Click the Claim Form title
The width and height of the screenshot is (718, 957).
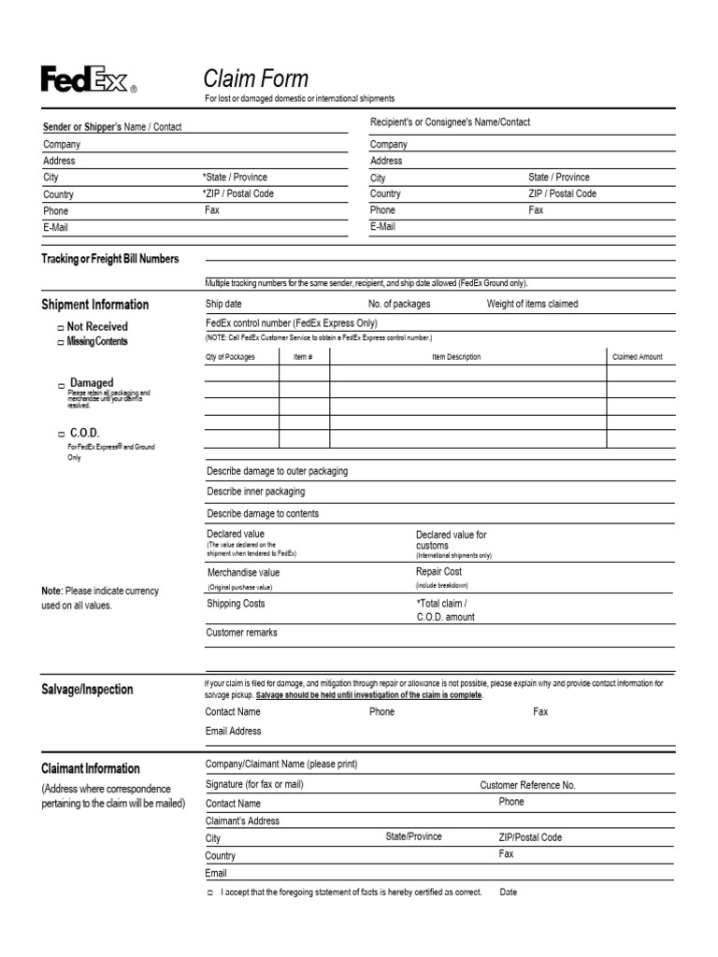(x=255, y=79)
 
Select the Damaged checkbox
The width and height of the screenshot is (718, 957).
(x=61, y=385)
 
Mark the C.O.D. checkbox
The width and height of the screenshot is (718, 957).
(x=61, y=435)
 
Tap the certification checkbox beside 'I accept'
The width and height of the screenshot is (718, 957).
(x=210, y=893)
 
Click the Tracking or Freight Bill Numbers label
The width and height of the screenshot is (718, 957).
(x=109, y=259)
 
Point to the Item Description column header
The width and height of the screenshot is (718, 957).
(x=451, y=357)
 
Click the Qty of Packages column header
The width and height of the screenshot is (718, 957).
(x=229, y=357)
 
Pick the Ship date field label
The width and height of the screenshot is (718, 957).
(x=223, y=304)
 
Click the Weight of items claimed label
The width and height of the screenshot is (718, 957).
(x=532, y=304)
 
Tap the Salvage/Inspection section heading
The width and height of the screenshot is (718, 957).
(x=87, y=690)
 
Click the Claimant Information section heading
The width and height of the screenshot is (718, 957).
(x=91, y=768)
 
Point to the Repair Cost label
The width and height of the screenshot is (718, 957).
(x=438, y=571)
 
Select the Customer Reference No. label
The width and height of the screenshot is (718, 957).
(x=527, y=785)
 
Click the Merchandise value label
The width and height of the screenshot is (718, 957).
(x=242, y=572)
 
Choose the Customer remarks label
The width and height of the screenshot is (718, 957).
(x=241, y=633)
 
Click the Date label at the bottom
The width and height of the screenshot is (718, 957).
(x=508, y=892)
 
